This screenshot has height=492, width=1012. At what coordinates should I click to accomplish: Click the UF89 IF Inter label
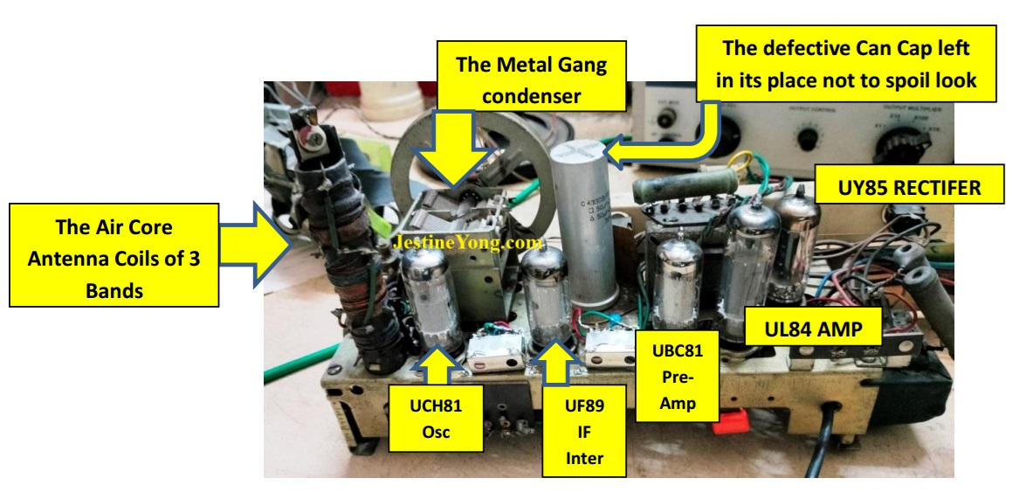583,430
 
